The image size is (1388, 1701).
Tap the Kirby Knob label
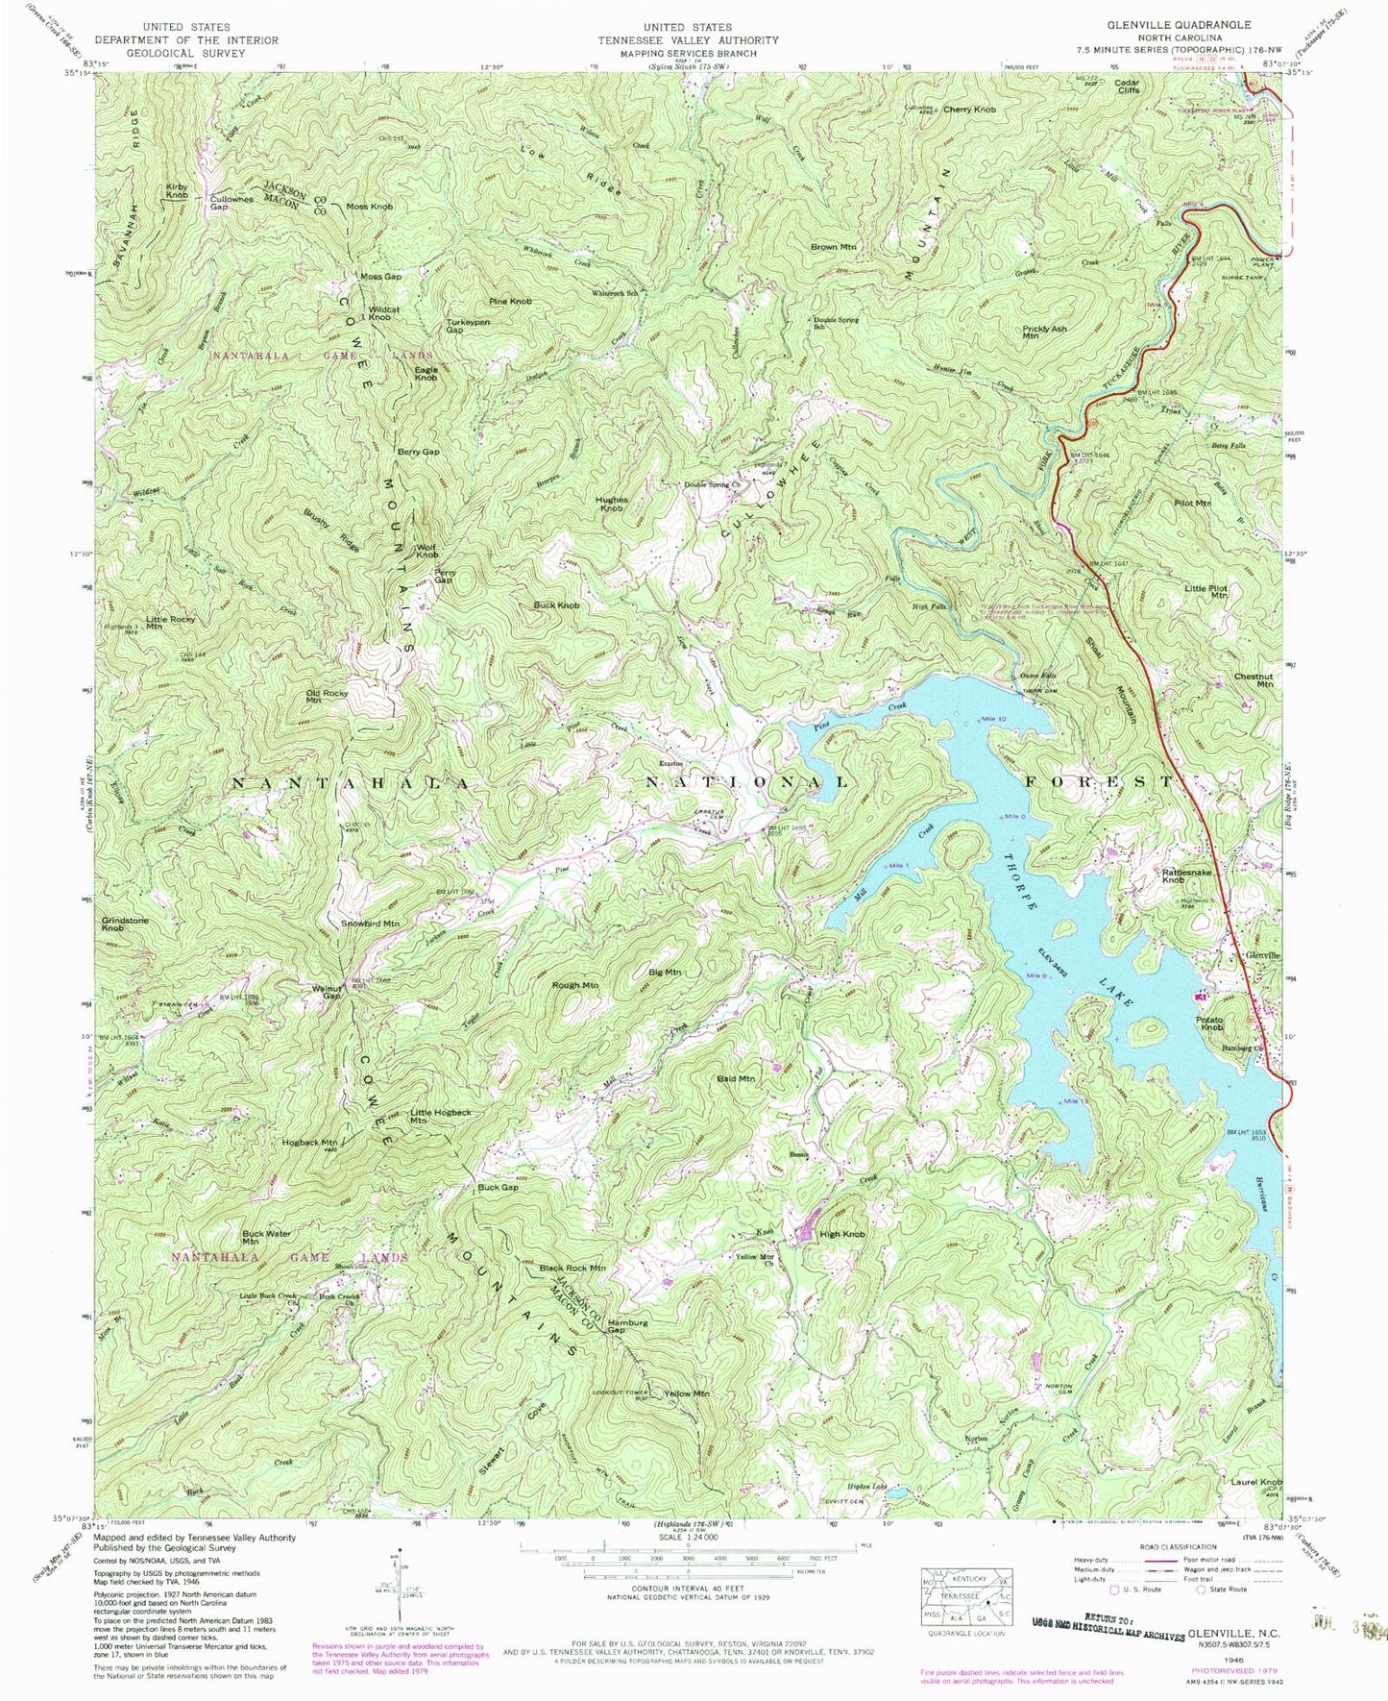(177, 190)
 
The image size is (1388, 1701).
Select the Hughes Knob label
(612, 504)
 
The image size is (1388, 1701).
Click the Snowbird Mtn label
(370, 924)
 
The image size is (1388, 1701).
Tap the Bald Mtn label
(736, 1079)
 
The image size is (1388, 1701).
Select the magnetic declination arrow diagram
(398, 1603)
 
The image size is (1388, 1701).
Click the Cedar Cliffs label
(1127, 86)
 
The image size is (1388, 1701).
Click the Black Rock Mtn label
(572, 1268)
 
